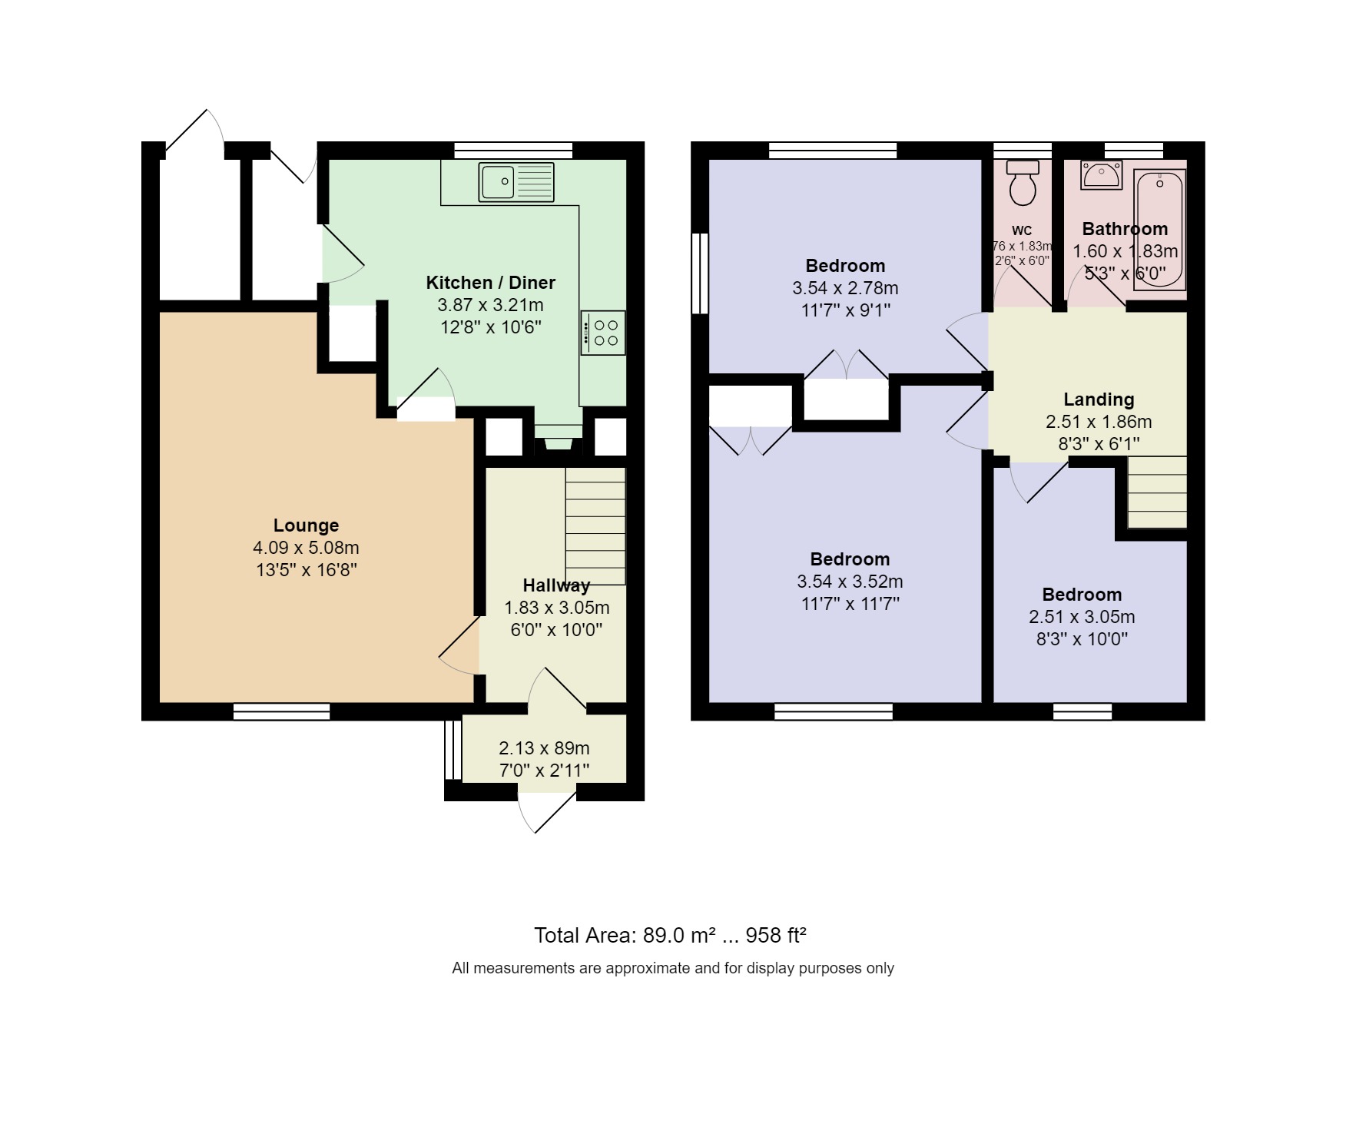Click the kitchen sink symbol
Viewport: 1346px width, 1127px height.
click(x=516, y=182)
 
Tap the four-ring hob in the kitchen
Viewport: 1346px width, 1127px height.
click(x=603, y=333)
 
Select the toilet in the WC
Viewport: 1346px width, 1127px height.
click(x=1022, y=184)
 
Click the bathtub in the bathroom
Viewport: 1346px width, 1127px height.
click(x=1160, y=229)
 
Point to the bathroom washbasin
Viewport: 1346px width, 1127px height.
click(x=1101, y=174)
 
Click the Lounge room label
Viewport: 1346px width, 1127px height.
click(x=306, y=525)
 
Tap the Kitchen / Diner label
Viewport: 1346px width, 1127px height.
click(x=490, y=283)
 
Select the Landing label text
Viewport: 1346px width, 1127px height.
click(x=1098, y=399)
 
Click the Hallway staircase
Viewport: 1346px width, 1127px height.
click(x=595, y=526)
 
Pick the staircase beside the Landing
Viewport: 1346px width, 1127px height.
click(x=1157, y=492)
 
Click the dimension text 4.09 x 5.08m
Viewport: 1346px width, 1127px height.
click(x=306, y=548)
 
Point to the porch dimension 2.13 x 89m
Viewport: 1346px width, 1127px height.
click(x=544, y=748)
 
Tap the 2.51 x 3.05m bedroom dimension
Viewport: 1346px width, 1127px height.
click(x=1081, y=617)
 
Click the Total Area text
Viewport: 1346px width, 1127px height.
click(x=669, y=936)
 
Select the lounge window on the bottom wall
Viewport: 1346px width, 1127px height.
click(x=281, y=711)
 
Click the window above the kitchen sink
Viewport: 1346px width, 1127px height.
click(x=513, y=151)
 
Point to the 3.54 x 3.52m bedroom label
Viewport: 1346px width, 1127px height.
click(x=850, y=582)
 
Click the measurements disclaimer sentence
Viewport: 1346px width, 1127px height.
click(x=672, y=969)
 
